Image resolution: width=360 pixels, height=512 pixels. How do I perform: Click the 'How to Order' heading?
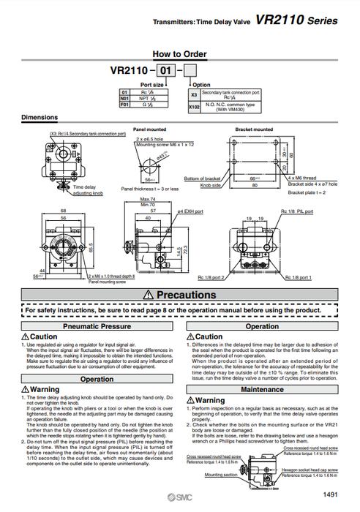point(179,54)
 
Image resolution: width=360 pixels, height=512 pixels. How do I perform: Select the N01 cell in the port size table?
point(124,98)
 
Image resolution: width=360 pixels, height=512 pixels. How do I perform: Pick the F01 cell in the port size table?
point(124,104)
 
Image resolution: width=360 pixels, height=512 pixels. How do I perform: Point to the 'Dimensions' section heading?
point(40,117)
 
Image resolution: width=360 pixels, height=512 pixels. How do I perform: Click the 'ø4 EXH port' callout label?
point(190,211)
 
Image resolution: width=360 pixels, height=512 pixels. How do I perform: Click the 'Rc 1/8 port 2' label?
point(211,278)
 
